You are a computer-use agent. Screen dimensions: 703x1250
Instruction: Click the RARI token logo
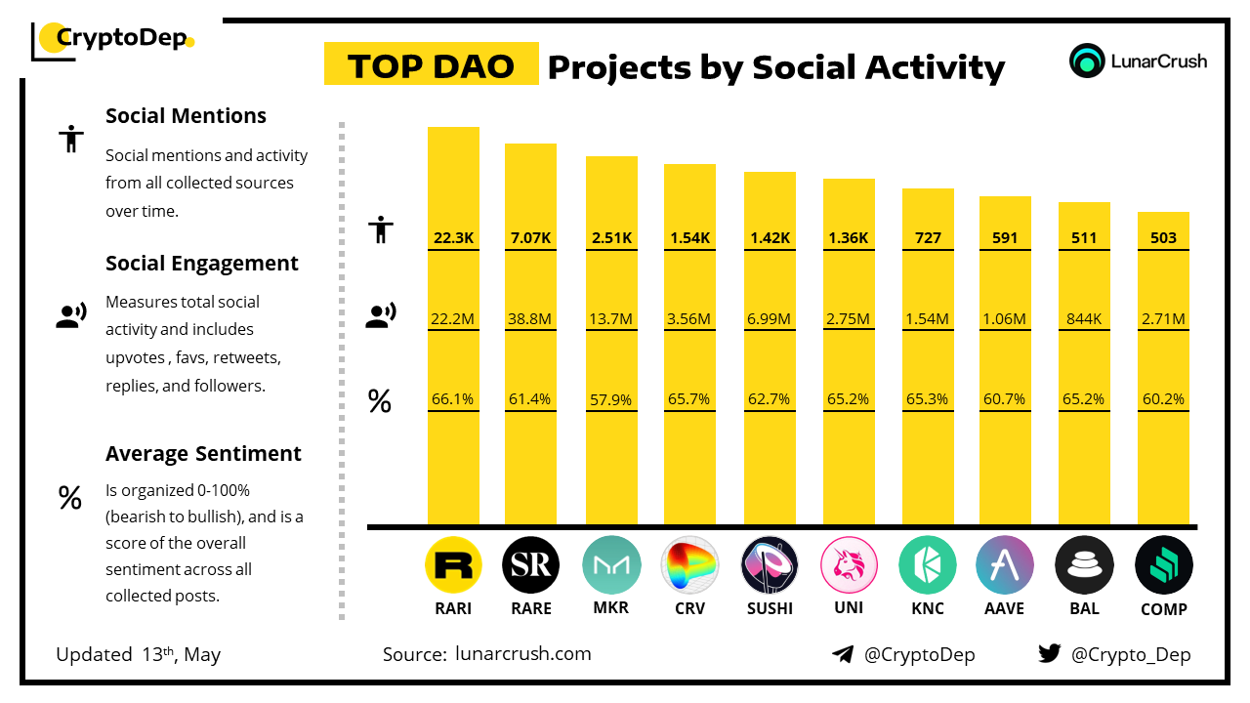click(454, 565)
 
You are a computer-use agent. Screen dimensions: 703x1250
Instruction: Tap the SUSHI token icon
click(770, 565)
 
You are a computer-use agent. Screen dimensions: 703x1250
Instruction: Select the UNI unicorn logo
click(849, 565)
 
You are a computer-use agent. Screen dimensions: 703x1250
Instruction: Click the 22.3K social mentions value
click(453, 237)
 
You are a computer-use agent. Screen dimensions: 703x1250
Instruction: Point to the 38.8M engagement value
click(530, 318)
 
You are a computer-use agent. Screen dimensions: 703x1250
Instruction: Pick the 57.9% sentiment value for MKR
click(611, 399)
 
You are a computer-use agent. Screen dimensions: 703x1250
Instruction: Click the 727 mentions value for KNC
click(927, 237)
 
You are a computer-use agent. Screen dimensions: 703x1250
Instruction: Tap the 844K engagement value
click(1084, 318)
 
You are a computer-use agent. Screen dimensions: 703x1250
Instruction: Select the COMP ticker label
click(1164, 609)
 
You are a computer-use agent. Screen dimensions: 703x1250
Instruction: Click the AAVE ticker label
click(1005, 608)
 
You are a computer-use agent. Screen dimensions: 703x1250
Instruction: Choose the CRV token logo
click(690, 565)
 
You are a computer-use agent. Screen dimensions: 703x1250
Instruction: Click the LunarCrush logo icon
click(1087, 61)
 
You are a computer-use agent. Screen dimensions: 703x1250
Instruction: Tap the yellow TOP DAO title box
click(431, 64)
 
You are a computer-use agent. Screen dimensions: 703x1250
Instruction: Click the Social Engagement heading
click(202, 264)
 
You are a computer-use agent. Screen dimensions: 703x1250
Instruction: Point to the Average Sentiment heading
click(203, 454)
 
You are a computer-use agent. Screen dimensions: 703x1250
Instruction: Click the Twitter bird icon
click(1049, 654)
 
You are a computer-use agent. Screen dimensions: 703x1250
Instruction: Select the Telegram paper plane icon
click(843, 654)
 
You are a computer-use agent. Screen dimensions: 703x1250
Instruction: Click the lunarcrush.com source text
click(522, 654)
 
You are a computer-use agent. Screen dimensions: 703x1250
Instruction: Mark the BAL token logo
click(1084, 565)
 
